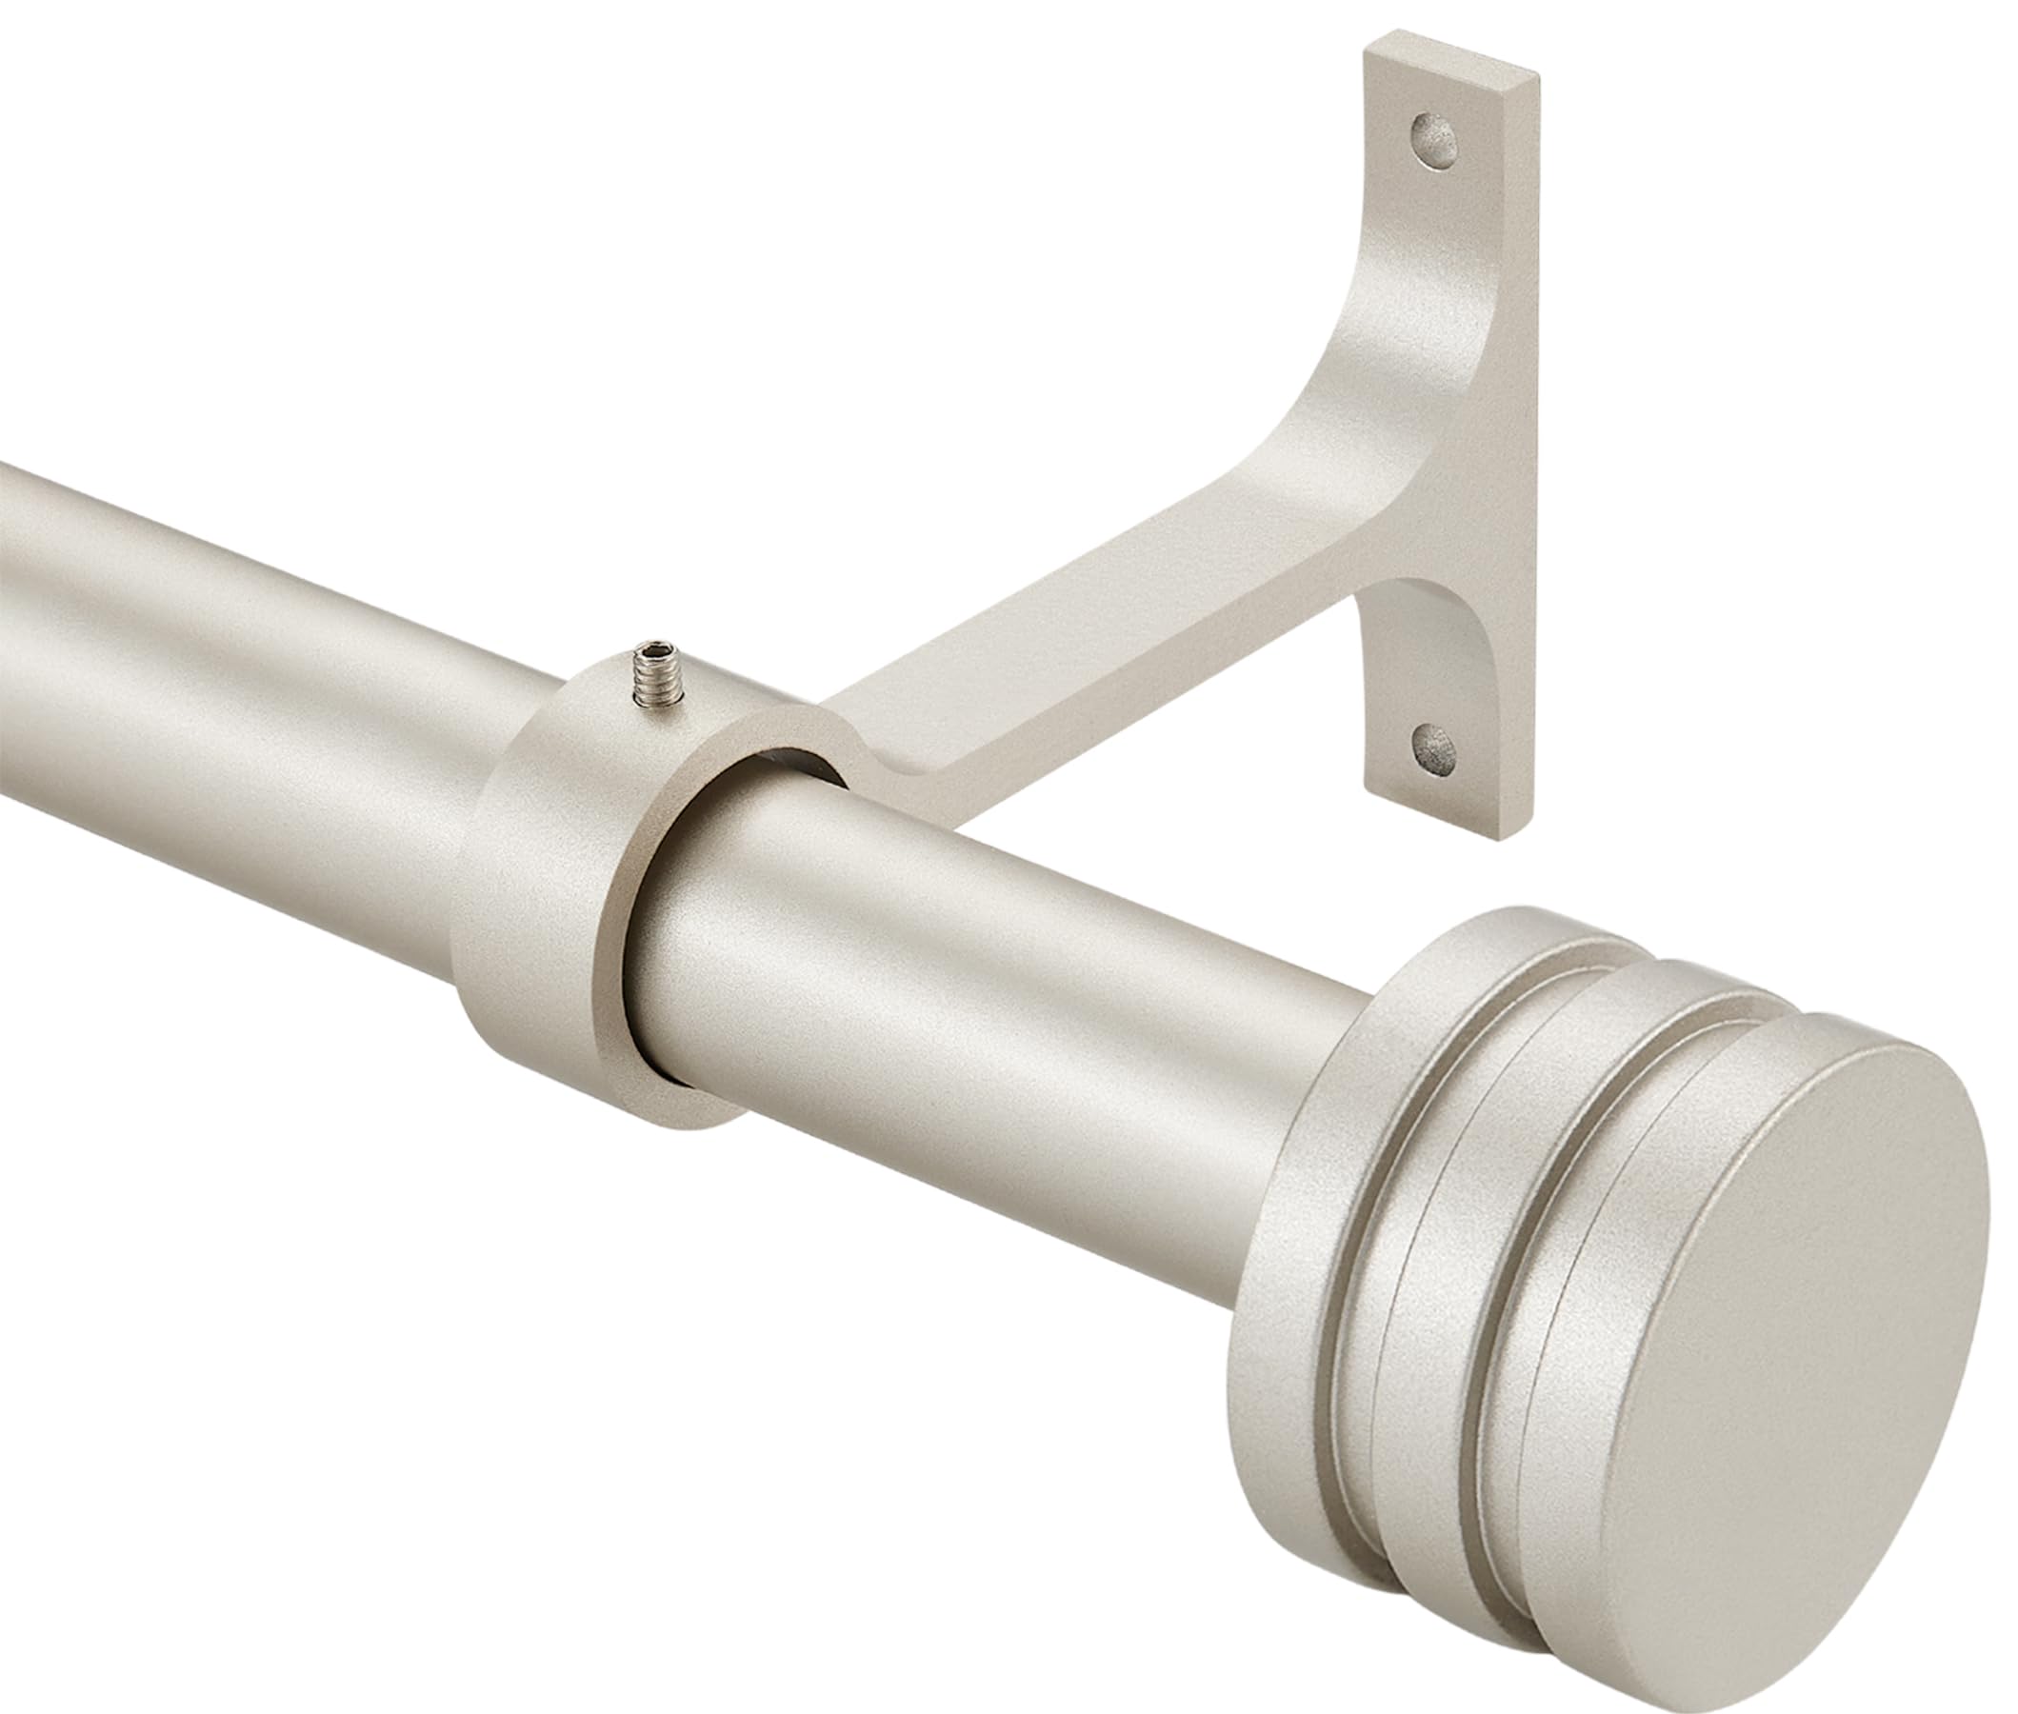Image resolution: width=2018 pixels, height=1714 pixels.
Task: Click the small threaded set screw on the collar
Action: pos(647,672)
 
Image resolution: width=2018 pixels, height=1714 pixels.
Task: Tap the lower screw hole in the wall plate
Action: pos(1434,747)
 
